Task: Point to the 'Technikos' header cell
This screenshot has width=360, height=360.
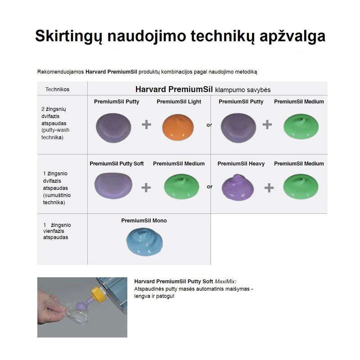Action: pyautogui.click(x=57, y=90)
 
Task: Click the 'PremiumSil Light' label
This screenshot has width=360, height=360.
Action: pyautogui.click(x=179, y=102)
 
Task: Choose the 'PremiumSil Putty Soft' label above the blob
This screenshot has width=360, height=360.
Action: pyautogui.click(x=117, y=164)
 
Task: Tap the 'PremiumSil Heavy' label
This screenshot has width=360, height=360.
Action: pyautogui.click(x=241, y=164)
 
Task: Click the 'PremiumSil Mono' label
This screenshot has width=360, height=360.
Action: pyautogui.click(x=144, y=220)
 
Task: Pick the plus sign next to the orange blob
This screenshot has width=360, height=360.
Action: pyautogui.click(x=146, y=125)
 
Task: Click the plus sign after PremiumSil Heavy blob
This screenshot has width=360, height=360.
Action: pyautogui.click(x=269, y=188)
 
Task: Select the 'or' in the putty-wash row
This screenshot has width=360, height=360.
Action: pyautogui.click(x=209, y=125)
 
